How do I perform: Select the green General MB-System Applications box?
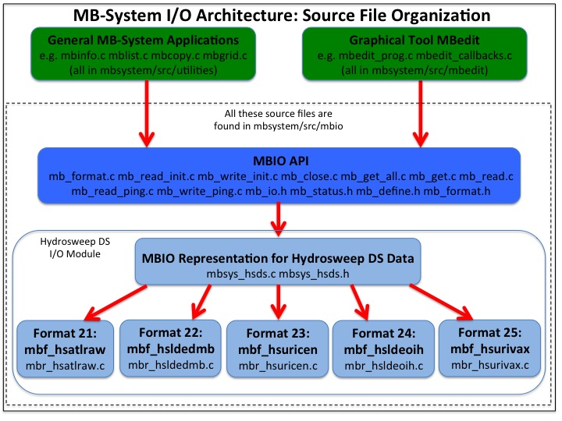(144, 53)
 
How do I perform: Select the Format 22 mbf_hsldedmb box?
(168, 344)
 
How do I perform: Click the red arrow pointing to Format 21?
(117, 300)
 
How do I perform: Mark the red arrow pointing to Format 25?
(441, 300)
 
